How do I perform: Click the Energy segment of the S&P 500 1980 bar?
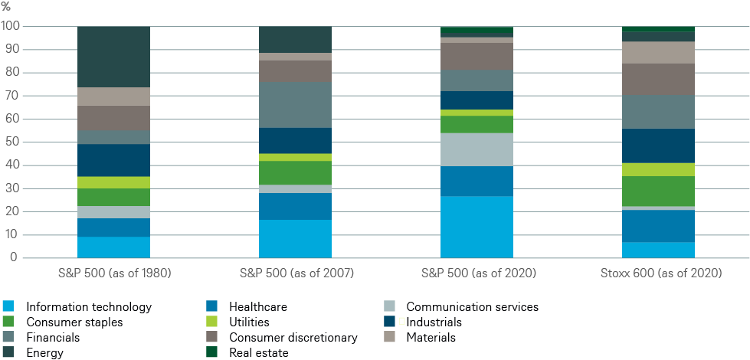(x=113, y=57)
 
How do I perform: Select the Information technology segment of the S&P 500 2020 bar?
(x=477, y=227)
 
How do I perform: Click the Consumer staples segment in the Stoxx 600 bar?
(x=659, y=191)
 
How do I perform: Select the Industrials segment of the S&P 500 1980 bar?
(x=113, y=160)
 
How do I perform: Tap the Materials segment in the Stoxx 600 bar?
(x=659, y=52)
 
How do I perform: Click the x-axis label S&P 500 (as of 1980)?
(x=113, y=273)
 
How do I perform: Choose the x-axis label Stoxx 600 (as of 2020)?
(x=659, y=273)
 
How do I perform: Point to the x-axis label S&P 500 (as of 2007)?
(x=295, y=273)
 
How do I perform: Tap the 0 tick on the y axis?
(x=15, y=258)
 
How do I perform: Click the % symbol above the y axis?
(x=6, y=7)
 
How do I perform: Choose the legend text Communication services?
(x=472, y=307)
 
